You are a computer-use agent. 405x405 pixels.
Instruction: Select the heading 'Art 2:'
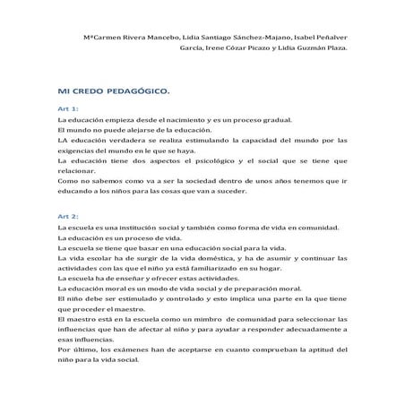[68, 217]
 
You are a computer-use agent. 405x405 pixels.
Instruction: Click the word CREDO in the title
[89, 90]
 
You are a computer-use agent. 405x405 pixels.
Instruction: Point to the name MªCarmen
[100, 37]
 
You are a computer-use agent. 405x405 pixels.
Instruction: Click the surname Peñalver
[328, 37]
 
